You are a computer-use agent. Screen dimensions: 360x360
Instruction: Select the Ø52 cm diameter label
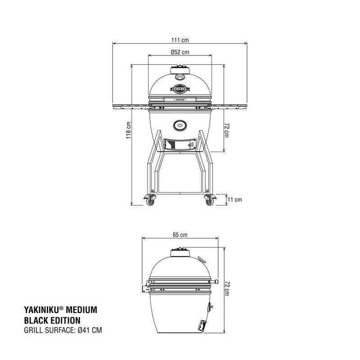click(180, 52)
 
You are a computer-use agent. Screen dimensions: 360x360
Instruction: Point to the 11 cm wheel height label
click(235, 199)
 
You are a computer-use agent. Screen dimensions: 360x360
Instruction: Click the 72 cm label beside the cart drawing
click(227, 130)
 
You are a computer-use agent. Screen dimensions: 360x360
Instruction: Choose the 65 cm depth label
click(180, 235)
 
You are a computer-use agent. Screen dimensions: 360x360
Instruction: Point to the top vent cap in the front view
click(180, 70)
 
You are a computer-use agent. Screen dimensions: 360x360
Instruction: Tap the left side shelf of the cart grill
click(130, 107)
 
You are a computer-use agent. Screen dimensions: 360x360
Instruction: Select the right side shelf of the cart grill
click(229, 107)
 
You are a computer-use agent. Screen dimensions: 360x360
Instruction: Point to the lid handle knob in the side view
click(217, 282)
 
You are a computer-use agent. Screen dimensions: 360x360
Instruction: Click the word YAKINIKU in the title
click(40, 310)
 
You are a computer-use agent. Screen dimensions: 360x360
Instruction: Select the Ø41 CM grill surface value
click(90, 330)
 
